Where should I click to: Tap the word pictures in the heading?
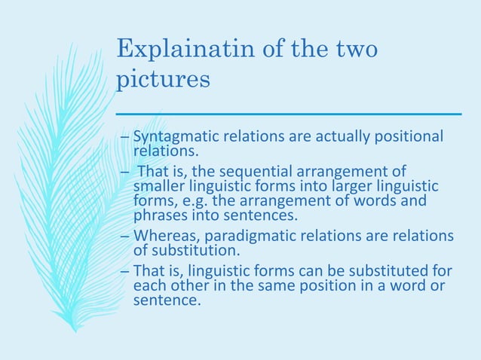tap(164, 79)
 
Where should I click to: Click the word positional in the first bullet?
tap(411, 137)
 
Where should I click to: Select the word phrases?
tap(159, 214)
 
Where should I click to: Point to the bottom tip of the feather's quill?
tap(75, 329)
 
